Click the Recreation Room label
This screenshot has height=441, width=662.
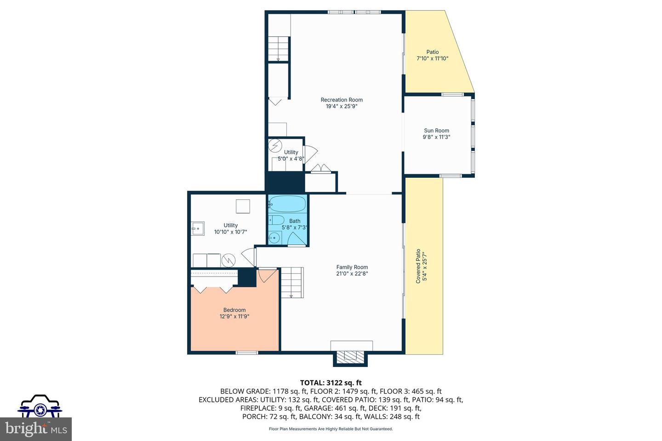(342, 100)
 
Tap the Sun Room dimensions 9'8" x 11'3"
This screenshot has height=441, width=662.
(436, 137)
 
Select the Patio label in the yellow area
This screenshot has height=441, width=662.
(432, 52)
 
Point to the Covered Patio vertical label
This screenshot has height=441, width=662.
(418, 266)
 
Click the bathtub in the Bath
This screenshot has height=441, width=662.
(287, 204)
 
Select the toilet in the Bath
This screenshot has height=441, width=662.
(277, 220)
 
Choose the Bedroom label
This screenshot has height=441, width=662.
(234, 310)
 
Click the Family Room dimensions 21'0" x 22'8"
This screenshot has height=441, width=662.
(352, 274)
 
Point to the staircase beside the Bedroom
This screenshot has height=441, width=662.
(292, 283)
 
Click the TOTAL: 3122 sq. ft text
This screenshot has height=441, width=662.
(331, 382)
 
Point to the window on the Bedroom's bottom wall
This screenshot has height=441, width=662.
(247, 353)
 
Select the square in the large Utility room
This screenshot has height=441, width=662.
(243, 206)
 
